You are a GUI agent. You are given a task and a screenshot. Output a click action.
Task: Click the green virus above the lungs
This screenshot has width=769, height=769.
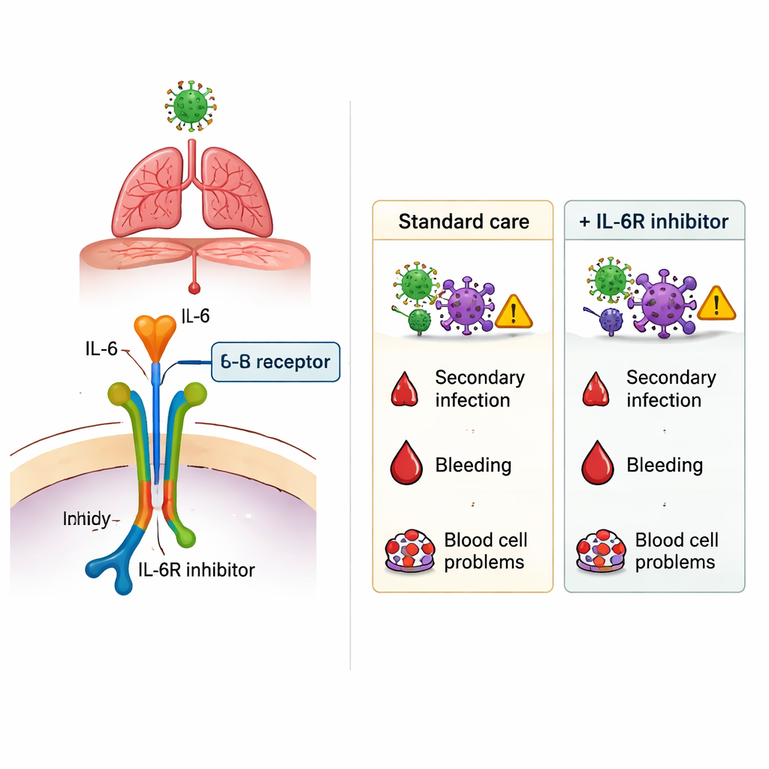coord(189,105)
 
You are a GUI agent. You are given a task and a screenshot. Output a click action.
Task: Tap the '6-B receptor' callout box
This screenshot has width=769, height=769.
coord(276,362)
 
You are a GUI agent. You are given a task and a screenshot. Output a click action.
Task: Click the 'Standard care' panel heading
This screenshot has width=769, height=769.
coord(463,222)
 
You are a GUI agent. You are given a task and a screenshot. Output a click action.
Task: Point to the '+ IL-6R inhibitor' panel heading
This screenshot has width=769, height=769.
coord(654,222)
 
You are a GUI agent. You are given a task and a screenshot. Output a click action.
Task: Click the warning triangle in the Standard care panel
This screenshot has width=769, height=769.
coord(514,310)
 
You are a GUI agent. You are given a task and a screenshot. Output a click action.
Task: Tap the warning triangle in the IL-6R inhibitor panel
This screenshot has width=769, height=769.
coord(716,303)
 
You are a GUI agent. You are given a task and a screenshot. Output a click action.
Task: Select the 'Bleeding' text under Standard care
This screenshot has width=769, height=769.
coord(473,465)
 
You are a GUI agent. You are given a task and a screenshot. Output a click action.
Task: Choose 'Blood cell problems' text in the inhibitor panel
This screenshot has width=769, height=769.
coord(676,551)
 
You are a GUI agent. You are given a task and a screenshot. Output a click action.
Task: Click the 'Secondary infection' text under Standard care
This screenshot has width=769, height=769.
coord(479,388)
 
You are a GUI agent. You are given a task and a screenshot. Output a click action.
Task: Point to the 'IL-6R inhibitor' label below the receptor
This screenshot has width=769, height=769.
coord(197,570)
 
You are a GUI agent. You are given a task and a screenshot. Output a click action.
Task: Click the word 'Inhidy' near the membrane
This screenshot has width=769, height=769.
coord(87,518)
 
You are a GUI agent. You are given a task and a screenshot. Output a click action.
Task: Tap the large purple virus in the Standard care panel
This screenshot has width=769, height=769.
coord(465,303)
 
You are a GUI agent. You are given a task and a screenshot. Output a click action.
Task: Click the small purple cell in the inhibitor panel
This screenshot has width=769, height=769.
coord(610,321)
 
